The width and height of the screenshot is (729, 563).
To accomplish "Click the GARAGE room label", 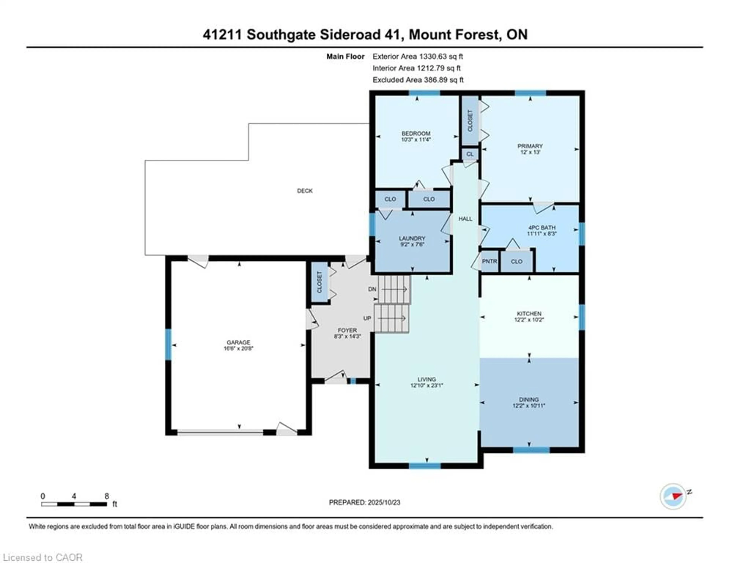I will [238, 342].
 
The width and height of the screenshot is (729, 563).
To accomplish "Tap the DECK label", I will [305, 191].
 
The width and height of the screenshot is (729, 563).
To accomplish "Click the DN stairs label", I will [372, 289].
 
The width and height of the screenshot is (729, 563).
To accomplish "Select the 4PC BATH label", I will [542, 227].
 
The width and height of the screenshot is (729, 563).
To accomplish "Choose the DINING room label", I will [529, 399].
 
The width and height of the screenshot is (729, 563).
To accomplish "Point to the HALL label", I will [465, 219].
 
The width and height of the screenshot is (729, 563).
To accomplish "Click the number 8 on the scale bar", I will [107, 496].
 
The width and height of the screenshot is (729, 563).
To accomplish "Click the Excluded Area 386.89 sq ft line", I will [418, 80].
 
